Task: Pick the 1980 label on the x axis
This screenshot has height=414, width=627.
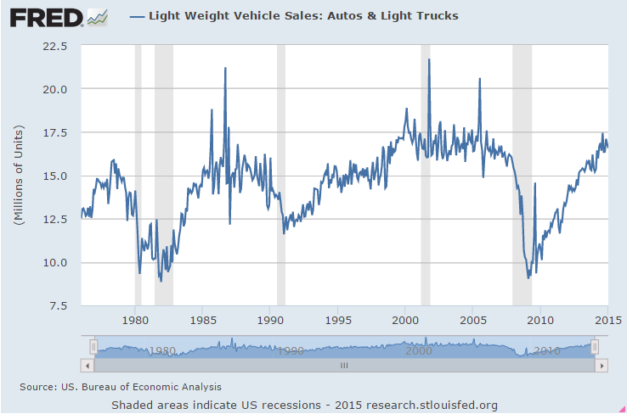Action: click(x=136, y=321)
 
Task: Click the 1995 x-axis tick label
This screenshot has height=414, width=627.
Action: click(x=338, y=321)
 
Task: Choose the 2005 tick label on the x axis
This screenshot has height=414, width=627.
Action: click(x=473, y=321)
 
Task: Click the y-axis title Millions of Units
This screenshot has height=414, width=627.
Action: click(x=18, y=175)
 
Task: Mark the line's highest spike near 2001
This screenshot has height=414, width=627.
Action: click(x=429, y=59)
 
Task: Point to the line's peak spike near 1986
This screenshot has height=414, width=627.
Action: click(x=225, y=68)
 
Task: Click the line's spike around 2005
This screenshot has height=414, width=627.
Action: click(x=480, y=79)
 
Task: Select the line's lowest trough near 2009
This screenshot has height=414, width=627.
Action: click(x=528, y=277)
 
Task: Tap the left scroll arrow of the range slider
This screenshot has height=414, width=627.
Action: click(x=86, y=366)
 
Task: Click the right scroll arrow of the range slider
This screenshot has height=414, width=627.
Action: click(x=602, y=366)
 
